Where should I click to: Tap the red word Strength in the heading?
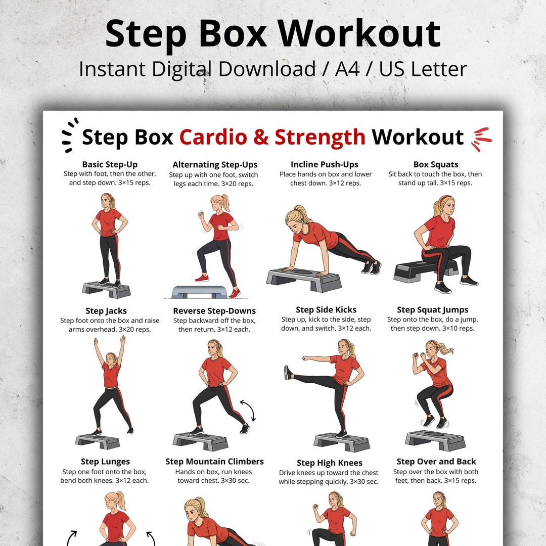click(x=320, y=137)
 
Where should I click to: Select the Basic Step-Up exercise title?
click(x=110, y=164)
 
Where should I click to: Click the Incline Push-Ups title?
click(x=325, y=164)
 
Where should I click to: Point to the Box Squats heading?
click(x=435, y=164)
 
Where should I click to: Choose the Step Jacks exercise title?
click(x=106, y=311)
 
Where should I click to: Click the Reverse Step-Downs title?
click(x=214, y=311)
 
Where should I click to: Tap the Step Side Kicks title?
click(x=326, y=310)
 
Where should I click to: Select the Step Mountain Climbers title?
click(x=214, y=462)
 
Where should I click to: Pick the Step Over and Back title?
click(x=436, y=462)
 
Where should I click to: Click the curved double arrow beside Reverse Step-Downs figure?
click(x=248, y=410)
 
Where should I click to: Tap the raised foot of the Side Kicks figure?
click(x=288, y=373)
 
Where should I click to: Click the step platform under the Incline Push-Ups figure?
click(x=304, y=279)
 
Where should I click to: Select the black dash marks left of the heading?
click(x=70, y=135)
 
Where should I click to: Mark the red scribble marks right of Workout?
click(x=481, y=139)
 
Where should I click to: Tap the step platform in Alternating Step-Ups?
click(x=199, y=292)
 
